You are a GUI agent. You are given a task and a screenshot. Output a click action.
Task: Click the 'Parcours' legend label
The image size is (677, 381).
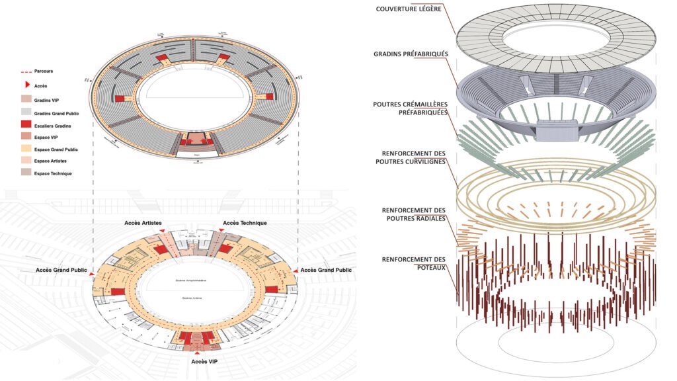[45, 71]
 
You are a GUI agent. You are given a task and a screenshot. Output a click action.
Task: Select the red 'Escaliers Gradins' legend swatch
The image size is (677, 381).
[26, 125]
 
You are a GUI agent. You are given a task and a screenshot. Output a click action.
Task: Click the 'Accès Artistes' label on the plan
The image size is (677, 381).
[143, 223]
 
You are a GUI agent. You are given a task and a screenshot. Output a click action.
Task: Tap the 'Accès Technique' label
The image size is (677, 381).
[245, 223]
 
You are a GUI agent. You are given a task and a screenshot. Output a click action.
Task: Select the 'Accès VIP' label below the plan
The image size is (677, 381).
[192, 361]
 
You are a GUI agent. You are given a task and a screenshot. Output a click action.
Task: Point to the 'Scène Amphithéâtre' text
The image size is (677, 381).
[194, 281]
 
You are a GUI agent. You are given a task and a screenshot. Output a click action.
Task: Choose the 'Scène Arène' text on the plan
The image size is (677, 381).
[192, 298]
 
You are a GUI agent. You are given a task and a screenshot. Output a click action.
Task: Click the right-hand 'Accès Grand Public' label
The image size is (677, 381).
[326, 270]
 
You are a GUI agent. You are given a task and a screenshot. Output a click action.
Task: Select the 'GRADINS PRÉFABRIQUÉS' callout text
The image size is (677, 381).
[409, 54]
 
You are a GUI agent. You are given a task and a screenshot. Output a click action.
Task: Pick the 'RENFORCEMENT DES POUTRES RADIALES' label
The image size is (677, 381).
[415, 214]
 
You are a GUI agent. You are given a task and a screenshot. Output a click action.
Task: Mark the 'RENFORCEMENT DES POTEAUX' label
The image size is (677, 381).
[415, 263]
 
